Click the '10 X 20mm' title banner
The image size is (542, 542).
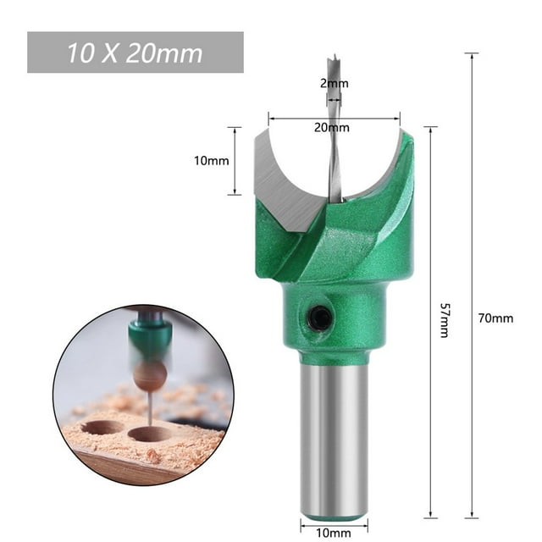click(x=135, y=53)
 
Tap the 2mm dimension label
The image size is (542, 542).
click(x=334, y=83)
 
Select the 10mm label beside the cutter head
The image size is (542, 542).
click(x=213, y=160)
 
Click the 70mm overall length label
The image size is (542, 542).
click(x=496, y=318)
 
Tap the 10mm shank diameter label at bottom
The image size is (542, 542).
click(x=334, y=533)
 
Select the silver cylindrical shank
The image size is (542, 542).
click(x=334, y=432)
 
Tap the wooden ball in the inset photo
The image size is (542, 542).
click(x=150, y=376)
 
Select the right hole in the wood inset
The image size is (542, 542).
click(x=150, y=434)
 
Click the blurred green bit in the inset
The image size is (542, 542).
click(x=149, y=339)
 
